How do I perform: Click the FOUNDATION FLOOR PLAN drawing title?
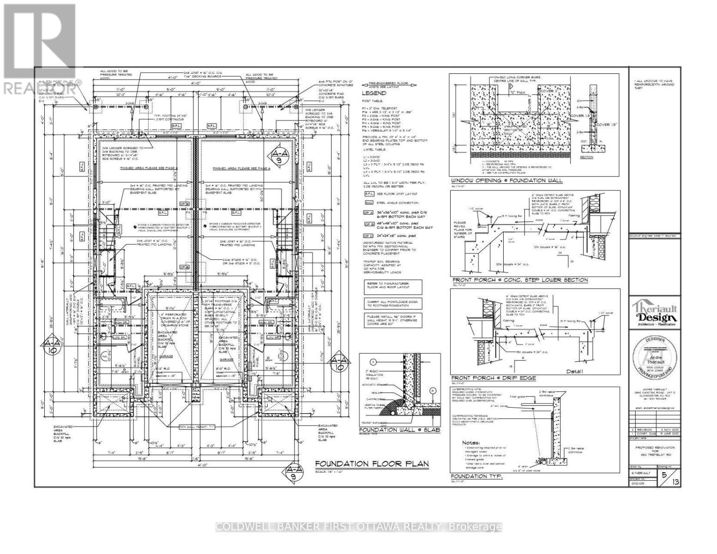click(x=372, y=464)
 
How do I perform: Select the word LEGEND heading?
click(x=374, y=93)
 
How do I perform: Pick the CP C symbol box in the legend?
click(x=368, y=236)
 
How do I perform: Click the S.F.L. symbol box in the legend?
click(x=368, y=194)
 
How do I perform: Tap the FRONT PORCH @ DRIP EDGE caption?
click(x=494, y=378)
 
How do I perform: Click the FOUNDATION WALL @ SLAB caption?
click(x=399, y=430)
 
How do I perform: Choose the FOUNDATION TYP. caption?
click(x=476, y=476)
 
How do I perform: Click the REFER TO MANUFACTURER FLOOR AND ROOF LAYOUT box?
click(x=392, y=285)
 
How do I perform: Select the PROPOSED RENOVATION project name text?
click(x=655, y=447)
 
